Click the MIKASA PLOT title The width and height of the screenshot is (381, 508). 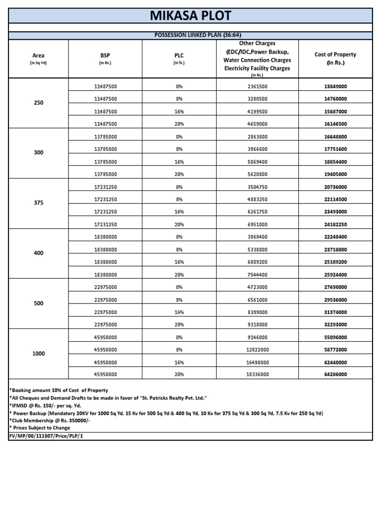point(190,15)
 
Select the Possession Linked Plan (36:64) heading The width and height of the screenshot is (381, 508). point(190,36)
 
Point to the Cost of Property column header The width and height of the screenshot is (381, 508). point(335,59)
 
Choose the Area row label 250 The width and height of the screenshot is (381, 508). point(39,103)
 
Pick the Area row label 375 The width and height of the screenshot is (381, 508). point(39,203)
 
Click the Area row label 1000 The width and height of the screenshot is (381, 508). point(39,354)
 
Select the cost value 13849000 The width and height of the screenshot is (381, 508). point(335,86)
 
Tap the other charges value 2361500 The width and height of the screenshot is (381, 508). point(257,86)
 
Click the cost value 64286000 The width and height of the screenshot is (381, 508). point(335,375)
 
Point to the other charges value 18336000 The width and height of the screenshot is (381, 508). point(257,375)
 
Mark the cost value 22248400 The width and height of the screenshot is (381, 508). point(335,237)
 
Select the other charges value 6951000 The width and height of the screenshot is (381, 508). point(257,225)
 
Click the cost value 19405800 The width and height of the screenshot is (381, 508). point(335,174)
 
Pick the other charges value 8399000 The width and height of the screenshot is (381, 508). point(257,312)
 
